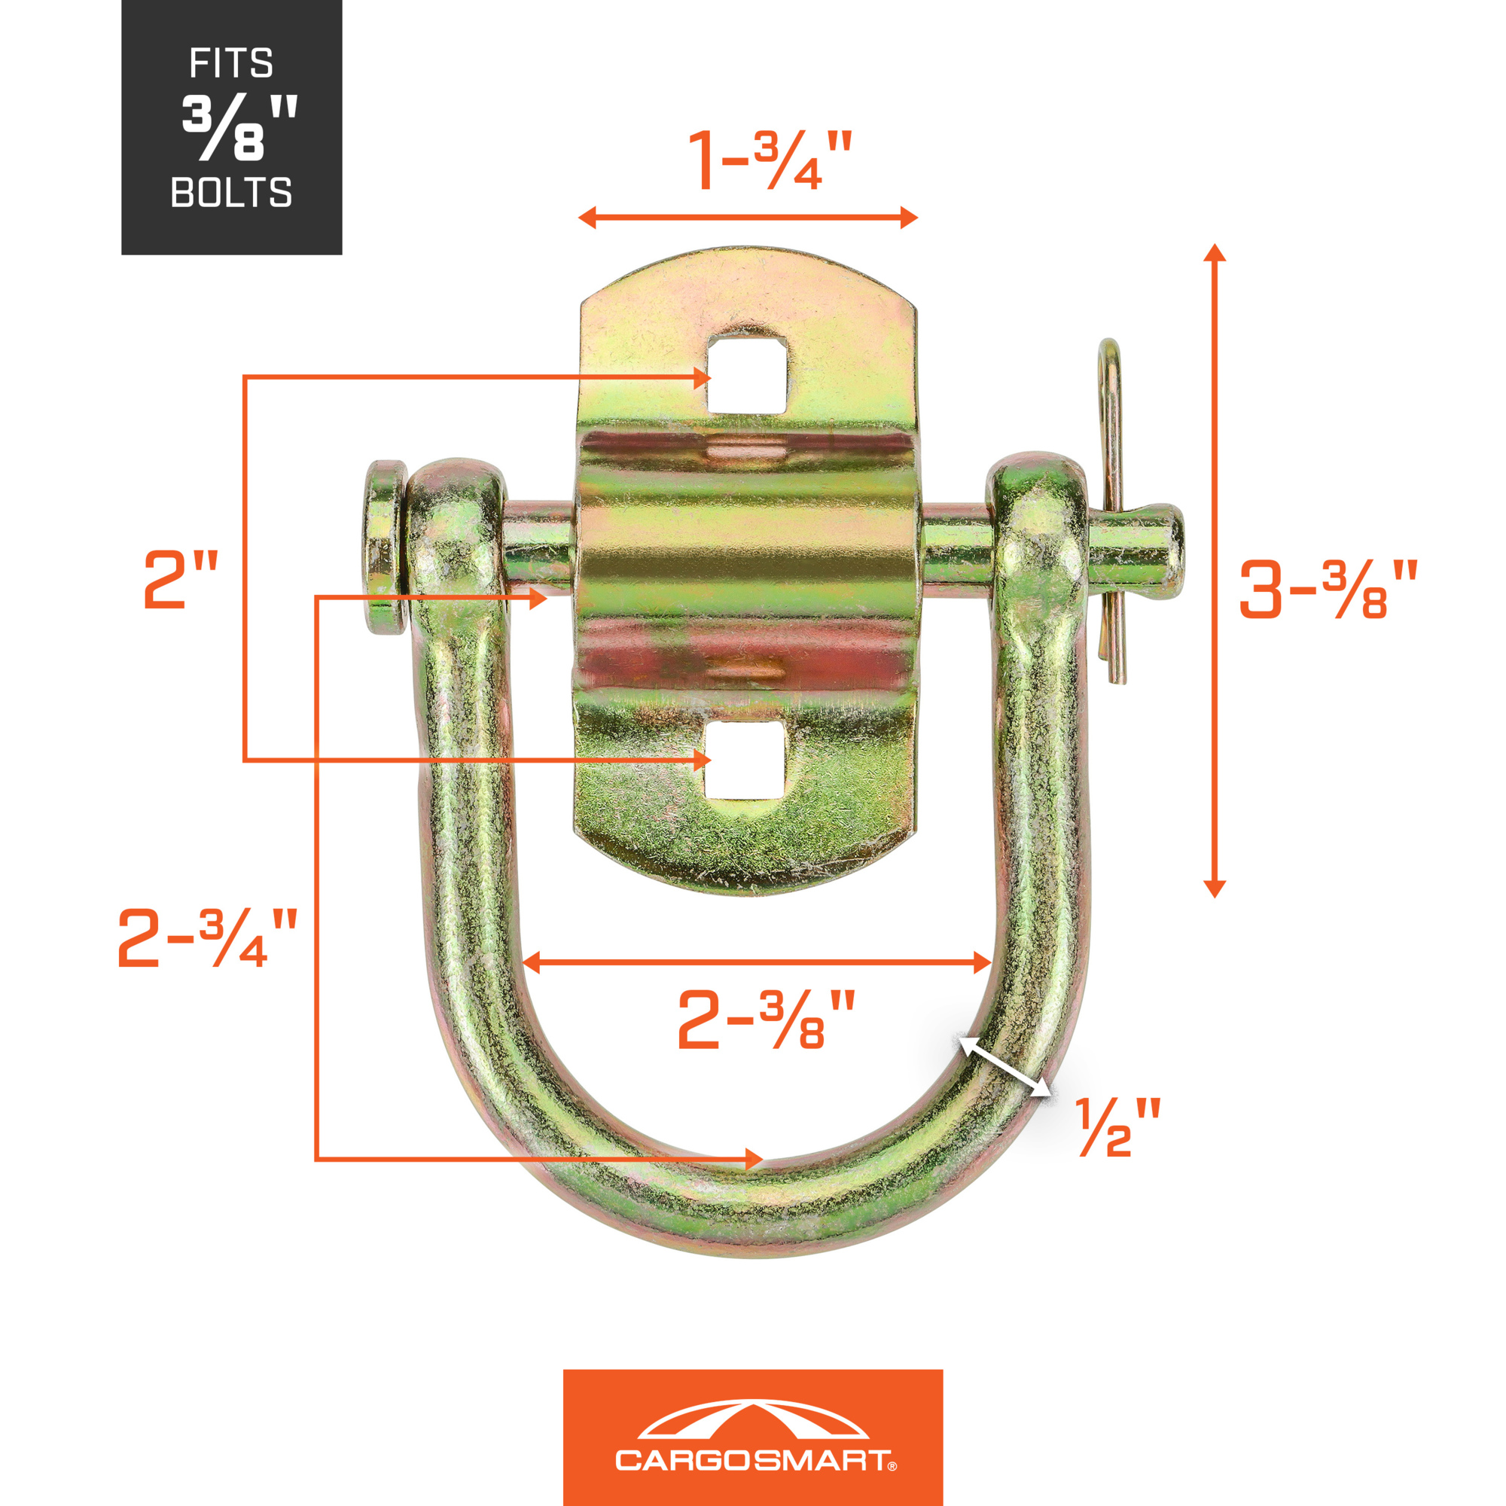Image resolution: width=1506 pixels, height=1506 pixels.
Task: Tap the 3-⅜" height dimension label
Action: click(x=1328, y=590)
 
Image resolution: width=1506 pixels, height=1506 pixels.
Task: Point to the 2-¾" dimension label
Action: click(x=207, y=937)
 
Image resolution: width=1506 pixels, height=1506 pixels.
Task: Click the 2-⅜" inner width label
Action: click(x=767, y=1020)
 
